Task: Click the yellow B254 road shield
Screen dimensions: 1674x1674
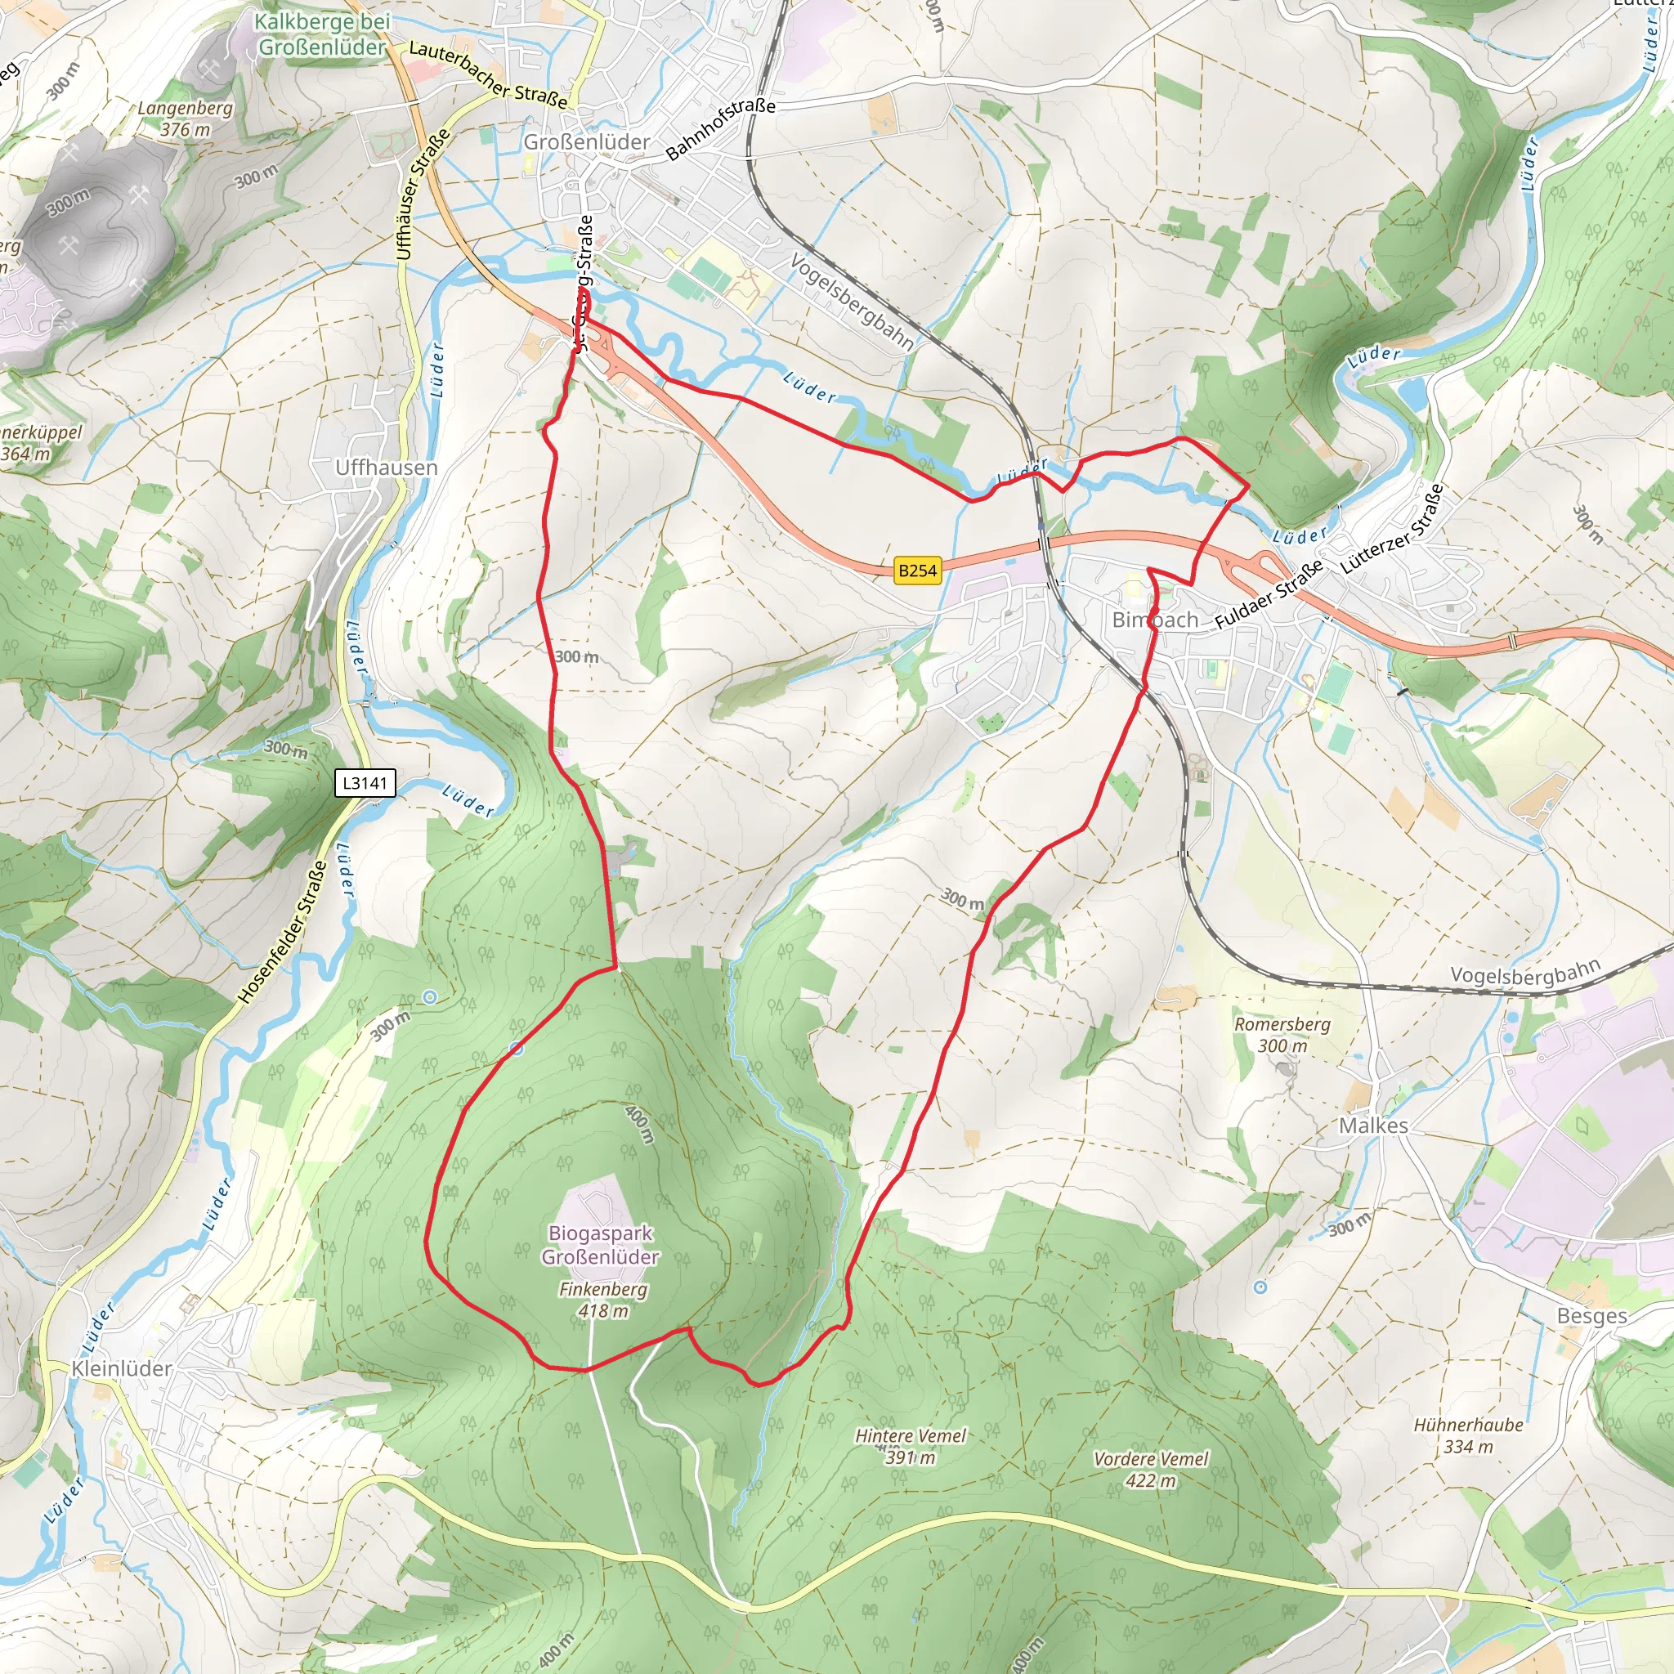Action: click(917, 571)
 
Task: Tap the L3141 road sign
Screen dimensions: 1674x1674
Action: click(365, 783)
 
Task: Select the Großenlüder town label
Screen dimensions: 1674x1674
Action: click(587, 142)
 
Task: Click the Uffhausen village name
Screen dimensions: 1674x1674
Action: click(387, 468)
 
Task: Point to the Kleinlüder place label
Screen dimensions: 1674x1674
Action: click(122, 1368)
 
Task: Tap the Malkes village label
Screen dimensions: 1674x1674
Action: click(1373, 1126)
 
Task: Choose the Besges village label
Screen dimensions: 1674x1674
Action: click(1591, 1315)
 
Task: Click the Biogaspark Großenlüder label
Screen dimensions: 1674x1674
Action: click(601, 1244)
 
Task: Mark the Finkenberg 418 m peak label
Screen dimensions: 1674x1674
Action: click(603, 1300)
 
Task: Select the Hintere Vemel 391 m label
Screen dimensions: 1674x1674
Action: click(911, 1446)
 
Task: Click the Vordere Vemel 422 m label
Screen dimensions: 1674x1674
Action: click(1151, 1470)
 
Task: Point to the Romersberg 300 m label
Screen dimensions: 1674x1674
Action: click(1282, 1035)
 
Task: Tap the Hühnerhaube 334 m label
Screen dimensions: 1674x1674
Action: click(1468, 1435)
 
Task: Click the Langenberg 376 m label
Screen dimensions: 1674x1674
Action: click(186, 119)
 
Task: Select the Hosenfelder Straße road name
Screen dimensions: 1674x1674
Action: click(284, 933)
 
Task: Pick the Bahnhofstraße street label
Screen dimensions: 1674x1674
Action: click(720, 129)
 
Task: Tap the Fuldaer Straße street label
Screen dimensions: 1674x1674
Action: click(1269, 594)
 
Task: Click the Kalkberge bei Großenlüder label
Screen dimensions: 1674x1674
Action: click(322, 34)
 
